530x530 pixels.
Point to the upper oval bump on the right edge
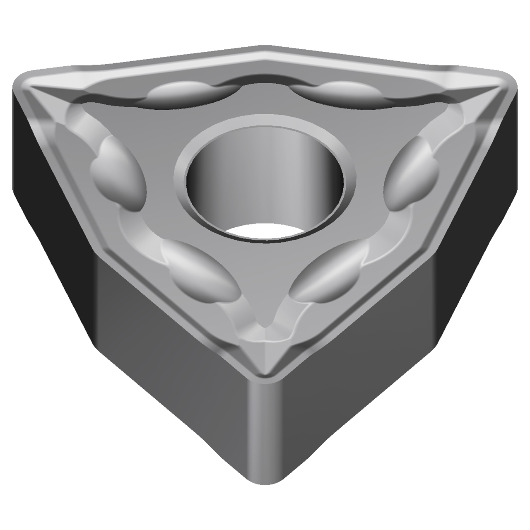(x=410, y=174)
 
